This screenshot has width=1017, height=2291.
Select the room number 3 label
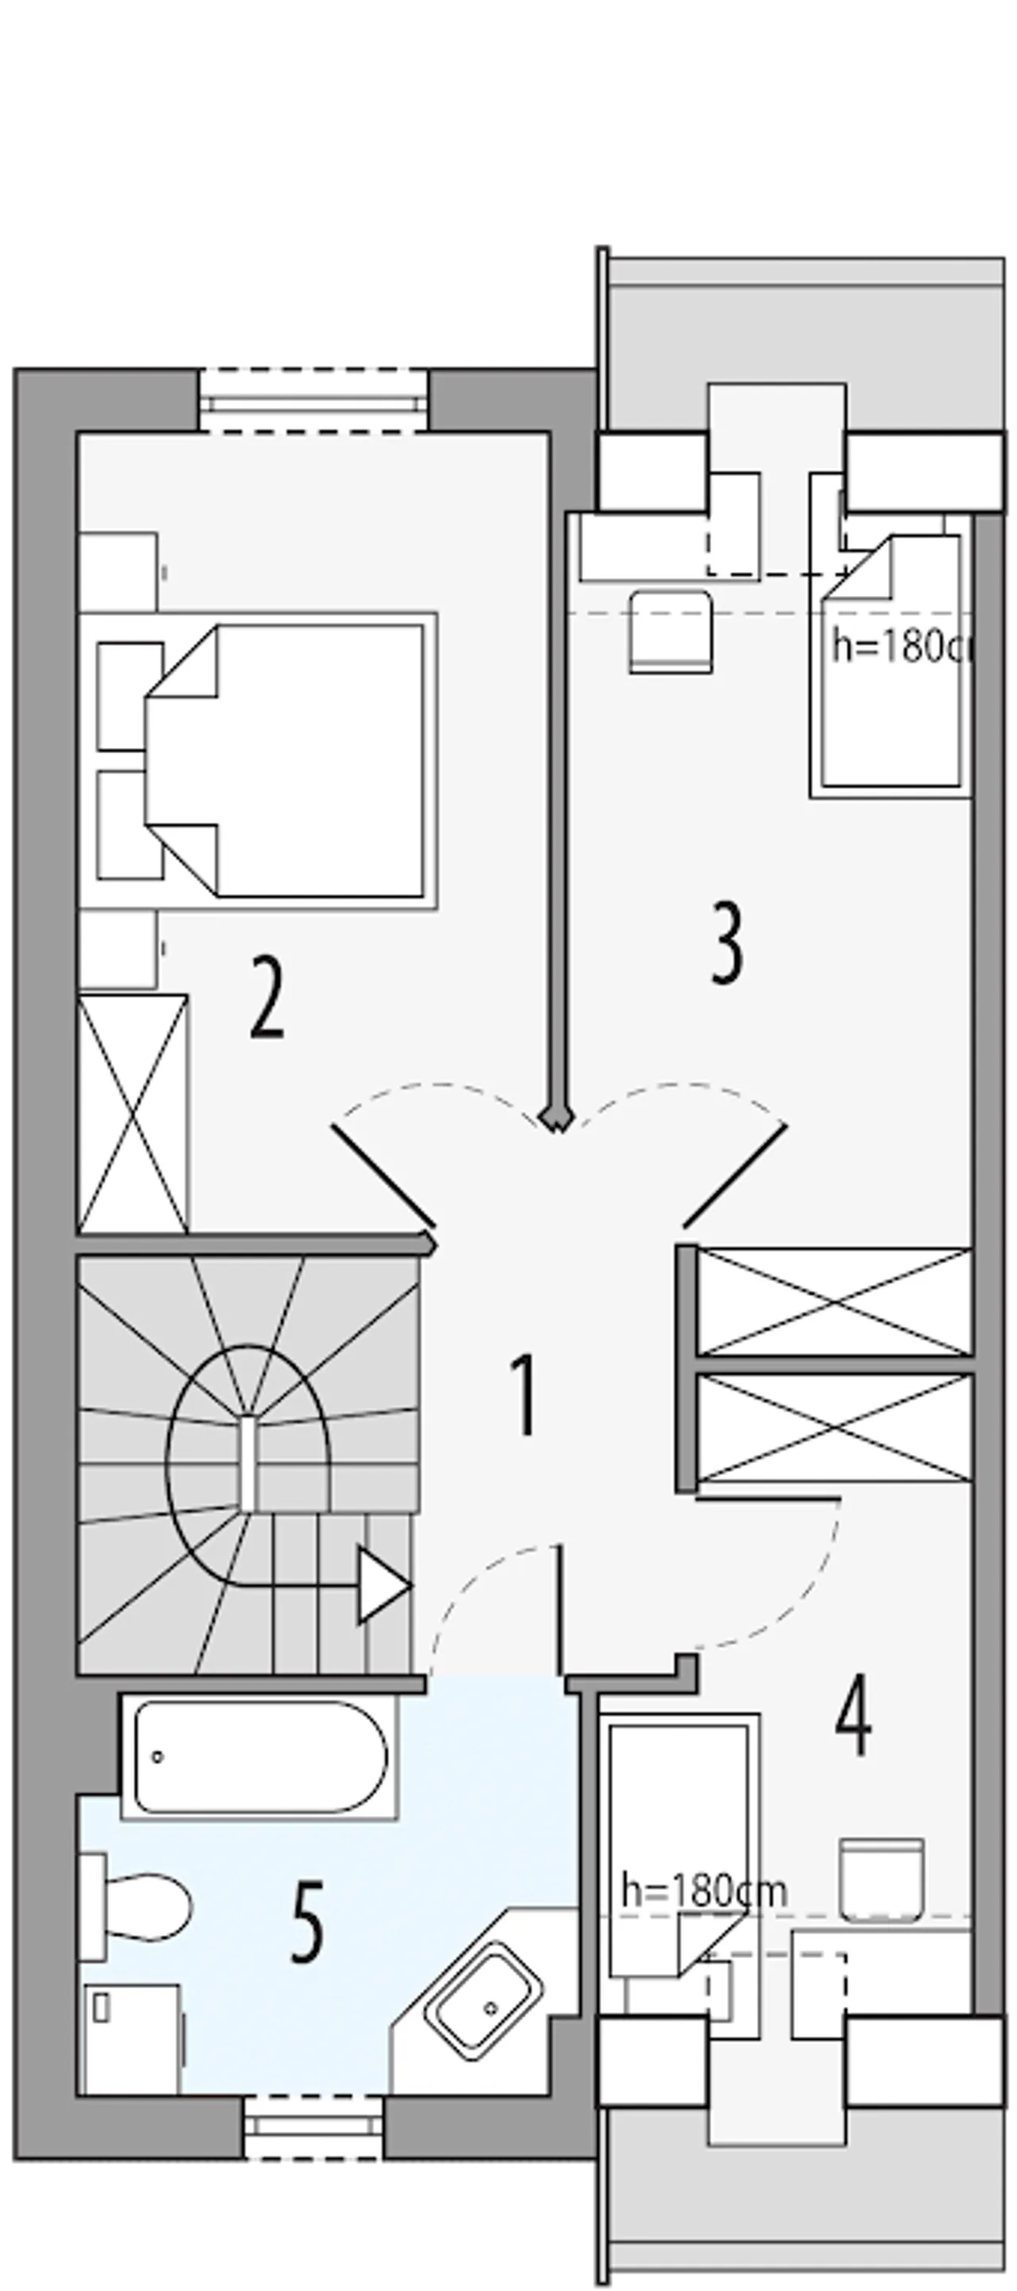(726, 943)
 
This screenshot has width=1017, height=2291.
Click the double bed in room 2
(284, 760)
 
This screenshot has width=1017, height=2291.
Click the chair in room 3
(671, 633)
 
